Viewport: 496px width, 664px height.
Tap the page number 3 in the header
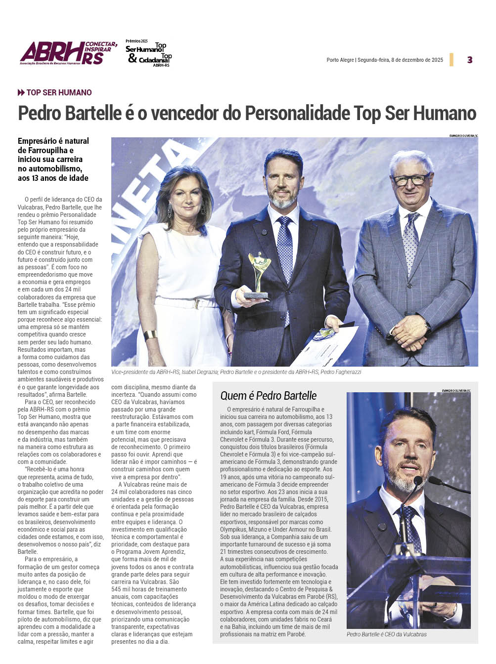(x=469, y=60)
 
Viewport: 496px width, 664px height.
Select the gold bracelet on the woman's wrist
(x=150, y=335)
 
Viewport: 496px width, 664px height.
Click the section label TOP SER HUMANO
(x=59, y=92)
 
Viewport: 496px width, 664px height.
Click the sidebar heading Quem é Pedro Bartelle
(x=268, y=396)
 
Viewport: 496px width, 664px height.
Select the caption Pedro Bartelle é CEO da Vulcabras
(x=386, y=634)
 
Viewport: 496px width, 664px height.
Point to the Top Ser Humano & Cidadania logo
(x=149, y=54)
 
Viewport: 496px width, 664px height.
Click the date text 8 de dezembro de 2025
(x=417, y=60)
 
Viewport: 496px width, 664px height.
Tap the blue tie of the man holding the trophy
(x=285, y=257)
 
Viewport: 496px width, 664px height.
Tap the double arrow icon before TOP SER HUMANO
(x=21, y=92)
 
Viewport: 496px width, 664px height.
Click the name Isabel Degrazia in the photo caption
(x=199, y=372)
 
